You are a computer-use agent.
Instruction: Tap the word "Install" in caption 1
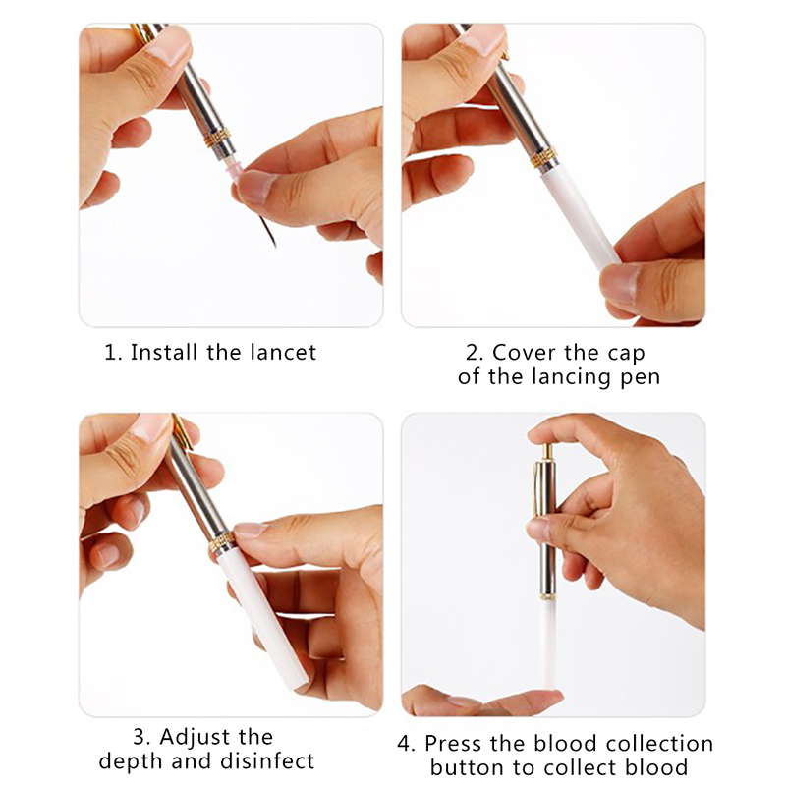[x=163, y=352]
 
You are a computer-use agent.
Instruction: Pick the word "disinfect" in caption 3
[x=267, y=760]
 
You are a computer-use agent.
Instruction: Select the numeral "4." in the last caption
[x=406, y=744]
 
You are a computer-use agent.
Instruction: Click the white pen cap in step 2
[x=580, y=214]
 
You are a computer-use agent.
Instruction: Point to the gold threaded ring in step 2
[x=544, y=157]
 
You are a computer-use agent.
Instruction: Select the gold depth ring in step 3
[x=222, y=543]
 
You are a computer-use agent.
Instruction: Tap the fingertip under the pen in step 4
[x=522, y=699]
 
